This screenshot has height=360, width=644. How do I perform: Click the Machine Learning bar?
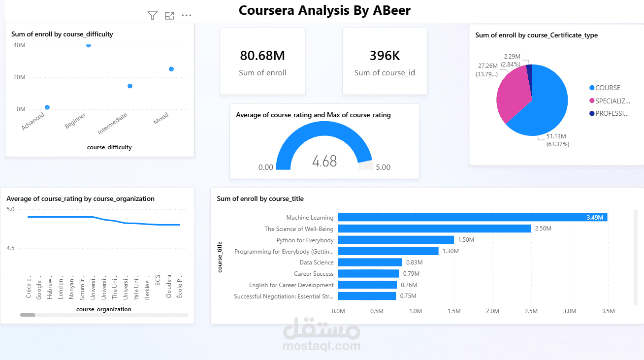[x=473, y=217]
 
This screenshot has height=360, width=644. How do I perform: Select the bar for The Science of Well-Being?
[x=434, y=229]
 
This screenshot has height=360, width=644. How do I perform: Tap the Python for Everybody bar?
[x=396, y=240]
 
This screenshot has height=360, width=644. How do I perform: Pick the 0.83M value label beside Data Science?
[x=414, y=262]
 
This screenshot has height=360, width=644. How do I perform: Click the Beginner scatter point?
[x=89, y=45]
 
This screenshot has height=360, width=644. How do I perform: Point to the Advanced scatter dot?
[x=47, y=107]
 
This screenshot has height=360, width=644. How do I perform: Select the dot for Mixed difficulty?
[x=171, y=69]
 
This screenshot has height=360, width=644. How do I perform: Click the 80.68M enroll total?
[x=262, y=56]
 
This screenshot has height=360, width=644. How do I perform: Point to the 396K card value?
[x=385, y=56]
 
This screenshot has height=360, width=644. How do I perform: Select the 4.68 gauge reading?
[x=324, y=161]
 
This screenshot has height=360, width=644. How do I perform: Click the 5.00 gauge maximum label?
[x=383, y=167]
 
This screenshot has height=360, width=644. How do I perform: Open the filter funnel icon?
[x=153, y=16]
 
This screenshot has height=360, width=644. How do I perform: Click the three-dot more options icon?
[x=186, y=15]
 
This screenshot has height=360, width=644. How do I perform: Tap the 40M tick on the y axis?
[x=20, y=45]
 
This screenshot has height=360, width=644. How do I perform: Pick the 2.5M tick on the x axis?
[x=531, y=311]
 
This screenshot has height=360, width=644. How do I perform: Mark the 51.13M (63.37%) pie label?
[x=558, y=140]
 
